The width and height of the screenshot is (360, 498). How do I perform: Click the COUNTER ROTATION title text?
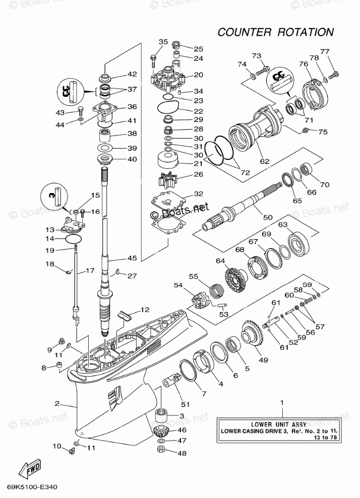coord(275,32)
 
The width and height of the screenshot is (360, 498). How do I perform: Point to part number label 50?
coord(267,218)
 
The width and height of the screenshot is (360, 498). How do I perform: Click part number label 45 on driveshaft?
coord(132,259)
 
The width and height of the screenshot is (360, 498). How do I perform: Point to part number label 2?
coord(57,404)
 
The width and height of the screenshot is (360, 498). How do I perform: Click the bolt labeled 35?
coord(153,60)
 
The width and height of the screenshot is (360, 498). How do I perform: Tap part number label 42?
coord(132,74)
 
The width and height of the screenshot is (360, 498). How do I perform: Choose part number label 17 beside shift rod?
coord(90,271)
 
